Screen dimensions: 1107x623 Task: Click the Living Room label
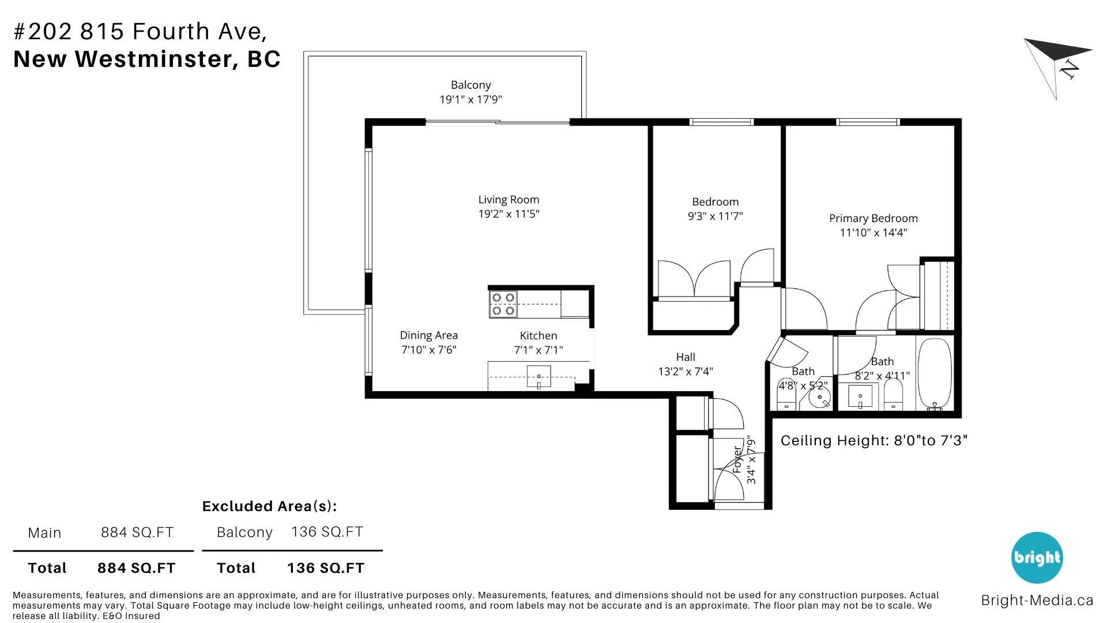[509, 200]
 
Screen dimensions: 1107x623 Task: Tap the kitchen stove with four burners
[503, 304]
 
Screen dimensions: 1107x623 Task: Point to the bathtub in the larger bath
[934, 374]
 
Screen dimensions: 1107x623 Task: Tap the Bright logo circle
[1037, 558]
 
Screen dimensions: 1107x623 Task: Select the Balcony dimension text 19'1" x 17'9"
[470, 99]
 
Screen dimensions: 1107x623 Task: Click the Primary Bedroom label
[873, 218]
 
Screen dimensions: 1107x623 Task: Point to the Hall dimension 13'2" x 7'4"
[686, 371]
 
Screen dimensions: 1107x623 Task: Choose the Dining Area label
[428, 335]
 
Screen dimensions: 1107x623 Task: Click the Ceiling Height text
[873, 441]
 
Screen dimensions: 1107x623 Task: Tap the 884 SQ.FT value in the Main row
[137, 532]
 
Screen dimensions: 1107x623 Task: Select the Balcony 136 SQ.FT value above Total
[327, 532]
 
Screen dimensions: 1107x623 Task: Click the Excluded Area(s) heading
[269, 506]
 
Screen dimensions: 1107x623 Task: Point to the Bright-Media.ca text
[1037, 601]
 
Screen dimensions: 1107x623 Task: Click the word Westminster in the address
[155, 59]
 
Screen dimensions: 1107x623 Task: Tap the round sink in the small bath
[819, 397]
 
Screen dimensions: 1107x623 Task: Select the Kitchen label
[538, 336]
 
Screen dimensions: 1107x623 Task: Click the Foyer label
[737, 460]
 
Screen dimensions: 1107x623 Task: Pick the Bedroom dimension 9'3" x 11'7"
[715, 216]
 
